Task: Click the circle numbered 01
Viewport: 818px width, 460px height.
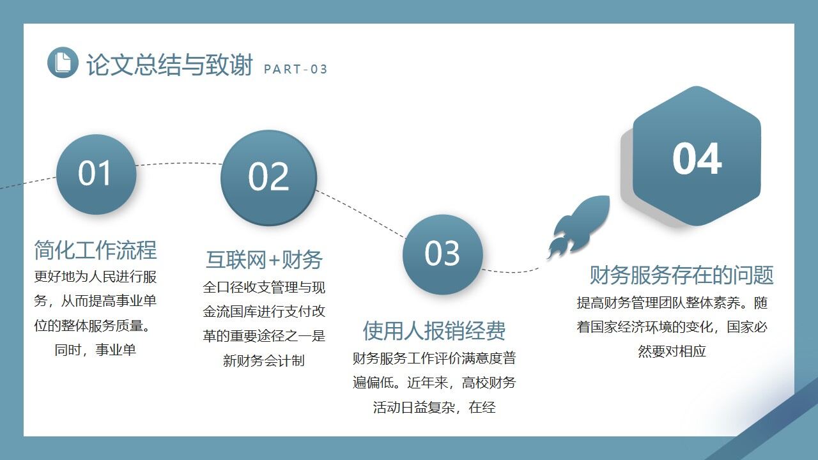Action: [x=96, y=174]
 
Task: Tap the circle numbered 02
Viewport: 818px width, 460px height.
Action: [x=268, y=178]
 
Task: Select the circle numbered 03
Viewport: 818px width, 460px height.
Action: [x=442, y=254]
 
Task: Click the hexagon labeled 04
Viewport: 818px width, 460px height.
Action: [x=697, y=158]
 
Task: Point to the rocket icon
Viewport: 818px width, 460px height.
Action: [x=578, y=227]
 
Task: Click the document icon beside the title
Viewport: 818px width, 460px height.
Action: [x=63, y=62]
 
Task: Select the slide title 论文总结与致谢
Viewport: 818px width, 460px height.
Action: [x=169, y=65]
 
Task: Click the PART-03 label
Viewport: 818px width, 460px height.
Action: [x=295, y=70]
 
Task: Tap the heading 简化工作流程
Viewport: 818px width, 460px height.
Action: [x=95, y=250]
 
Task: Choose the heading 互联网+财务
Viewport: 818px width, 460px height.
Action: [x=264, y=259]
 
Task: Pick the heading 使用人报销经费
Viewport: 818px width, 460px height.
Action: [x=435, y=330]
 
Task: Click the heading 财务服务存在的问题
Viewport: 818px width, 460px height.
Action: [x=681, y=275]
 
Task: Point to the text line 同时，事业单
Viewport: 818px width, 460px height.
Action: [x=95, y=350]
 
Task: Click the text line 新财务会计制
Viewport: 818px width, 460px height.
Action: [x=263, y=360]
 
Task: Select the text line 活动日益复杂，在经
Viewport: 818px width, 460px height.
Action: [x=435, y=407]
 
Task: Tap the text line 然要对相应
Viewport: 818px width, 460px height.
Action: [x=672, y=351]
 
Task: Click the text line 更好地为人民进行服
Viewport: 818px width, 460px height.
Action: [x=95, y=277]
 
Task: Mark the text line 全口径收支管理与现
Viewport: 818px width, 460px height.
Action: [x=264, y=287]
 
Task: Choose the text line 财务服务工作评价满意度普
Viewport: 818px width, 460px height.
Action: [x=435, y=358]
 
